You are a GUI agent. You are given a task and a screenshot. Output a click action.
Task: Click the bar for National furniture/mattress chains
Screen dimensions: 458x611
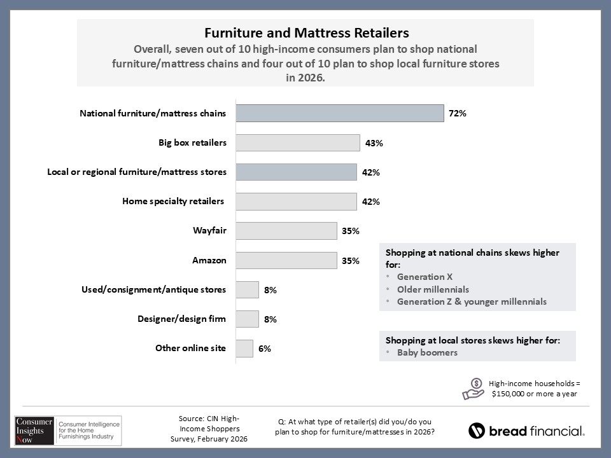[339, 113]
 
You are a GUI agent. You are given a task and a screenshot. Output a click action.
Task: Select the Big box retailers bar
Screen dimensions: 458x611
[297, 142]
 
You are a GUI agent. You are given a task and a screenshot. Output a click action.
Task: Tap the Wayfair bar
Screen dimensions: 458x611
[286, 231]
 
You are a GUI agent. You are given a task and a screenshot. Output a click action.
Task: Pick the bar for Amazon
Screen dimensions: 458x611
[286, 260]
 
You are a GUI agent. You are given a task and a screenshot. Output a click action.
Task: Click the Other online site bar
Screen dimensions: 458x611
[244, 348]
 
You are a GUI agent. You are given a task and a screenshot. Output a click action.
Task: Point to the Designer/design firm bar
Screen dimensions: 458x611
[247, 319]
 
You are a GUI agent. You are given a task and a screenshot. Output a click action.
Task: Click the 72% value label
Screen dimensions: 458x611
[458, 114]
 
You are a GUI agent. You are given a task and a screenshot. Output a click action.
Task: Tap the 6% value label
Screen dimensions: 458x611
[265, 349]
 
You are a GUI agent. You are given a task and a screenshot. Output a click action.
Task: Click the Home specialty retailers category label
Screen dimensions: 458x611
[173, 202]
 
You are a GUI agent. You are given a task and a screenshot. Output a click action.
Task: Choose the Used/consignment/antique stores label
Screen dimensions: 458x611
[153, 289]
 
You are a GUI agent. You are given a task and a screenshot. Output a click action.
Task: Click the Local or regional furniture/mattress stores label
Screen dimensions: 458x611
[137, 172]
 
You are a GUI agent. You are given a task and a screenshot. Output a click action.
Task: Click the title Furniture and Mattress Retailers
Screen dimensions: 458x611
[305, 32]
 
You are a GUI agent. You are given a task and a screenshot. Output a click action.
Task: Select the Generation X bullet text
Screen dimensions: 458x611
[420, 277]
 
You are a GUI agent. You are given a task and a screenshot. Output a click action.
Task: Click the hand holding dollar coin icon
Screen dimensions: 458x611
[473, 389]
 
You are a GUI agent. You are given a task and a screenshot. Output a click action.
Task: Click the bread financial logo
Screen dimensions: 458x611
[526, 431]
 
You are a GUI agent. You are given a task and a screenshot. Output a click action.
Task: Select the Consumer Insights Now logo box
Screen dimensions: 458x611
[67, 431]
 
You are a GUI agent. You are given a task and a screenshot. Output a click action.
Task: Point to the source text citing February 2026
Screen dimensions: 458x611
[209, 429]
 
